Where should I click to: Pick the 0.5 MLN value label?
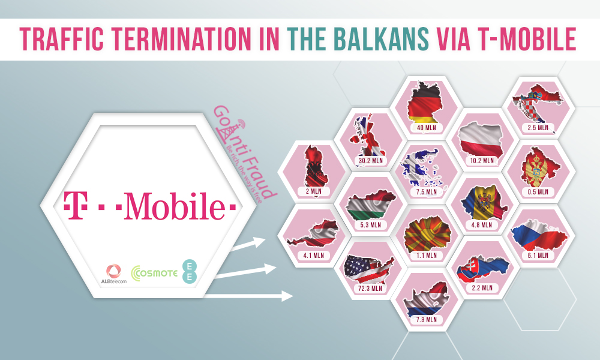[538, 191]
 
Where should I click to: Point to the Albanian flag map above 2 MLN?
[314, 167]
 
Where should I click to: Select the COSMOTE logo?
[154, 273]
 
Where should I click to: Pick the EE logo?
[190, 271]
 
